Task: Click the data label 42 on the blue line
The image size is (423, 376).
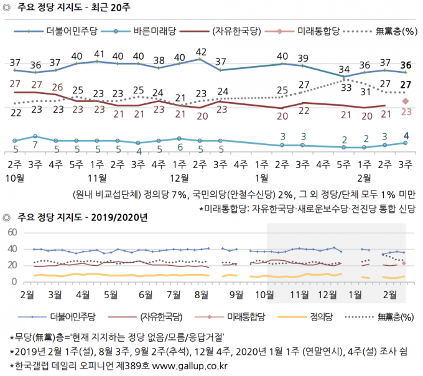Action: [x=200, y=52]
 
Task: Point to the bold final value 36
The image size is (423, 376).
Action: [x=406, y=64]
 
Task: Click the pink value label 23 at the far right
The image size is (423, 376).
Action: [x=406, y=112]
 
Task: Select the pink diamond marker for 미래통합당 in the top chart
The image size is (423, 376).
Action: [x=406, y=101]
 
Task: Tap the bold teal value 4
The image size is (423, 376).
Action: [x=406, y=135]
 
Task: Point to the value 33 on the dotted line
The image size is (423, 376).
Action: [x=344, y=88]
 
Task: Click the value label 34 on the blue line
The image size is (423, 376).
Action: [x=344, y=68]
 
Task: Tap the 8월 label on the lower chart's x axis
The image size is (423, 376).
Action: [x=201, y=293]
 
